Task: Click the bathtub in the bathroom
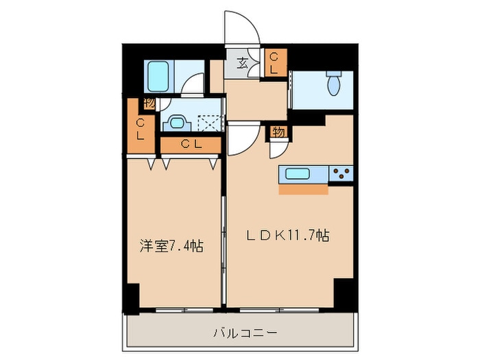(158, 76)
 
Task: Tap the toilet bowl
(334, 83)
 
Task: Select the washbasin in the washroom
(176, 123)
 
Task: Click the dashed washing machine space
(209, 123)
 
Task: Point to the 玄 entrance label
(242, 64)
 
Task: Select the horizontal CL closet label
(191, 144)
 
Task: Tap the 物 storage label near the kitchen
(279, 132)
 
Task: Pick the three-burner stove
(341, 173)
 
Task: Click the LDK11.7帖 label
(288, 236)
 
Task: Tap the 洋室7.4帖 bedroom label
(171, 246)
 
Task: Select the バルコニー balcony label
(245, 333)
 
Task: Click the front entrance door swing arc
(250, 21)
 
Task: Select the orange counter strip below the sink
(303, 189)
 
